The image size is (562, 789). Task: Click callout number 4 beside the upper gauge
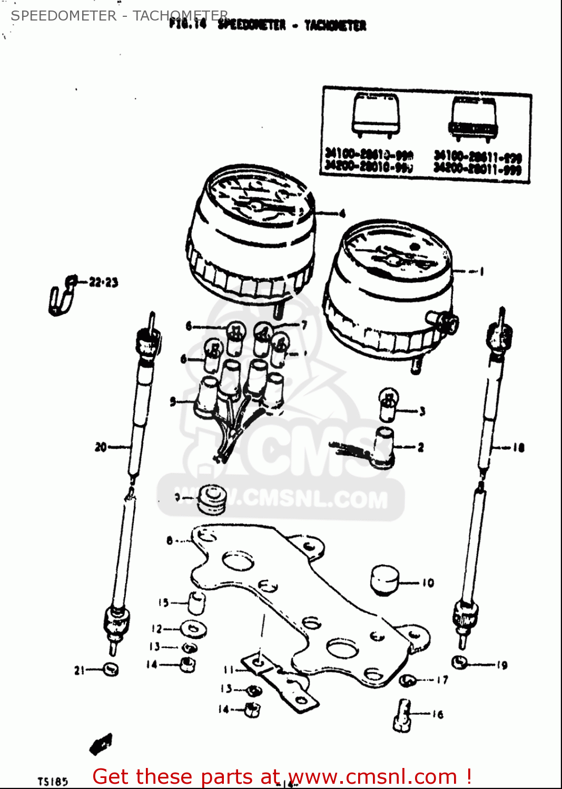click(x=342, y=214)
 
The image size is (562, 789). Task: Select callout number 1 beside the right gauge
click(x=481, y=271)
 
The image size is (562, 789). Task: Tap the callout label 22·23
click(x=103, y=282)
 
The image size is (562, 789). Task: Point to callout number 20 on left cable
click(x=101, y=447)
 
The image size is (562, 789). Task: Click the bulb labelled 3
click(x=389, y=404)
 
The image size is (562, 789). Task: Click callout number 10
click(x=428, y=583)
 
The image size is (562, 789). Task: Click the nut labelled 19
click(x=460, y=662)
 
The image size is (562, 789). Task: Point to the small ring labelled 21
click(x=111, y=669)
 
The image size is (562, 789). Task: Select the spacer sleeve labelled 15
click(x=196, y=602)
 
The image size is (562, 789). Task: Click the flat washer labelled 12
click(x=193, y=629)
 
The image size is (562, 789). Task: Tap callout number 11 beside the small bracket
click(x=228, y=670)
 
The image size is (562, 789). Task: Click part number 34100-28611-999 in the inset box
click(x=477, y=157)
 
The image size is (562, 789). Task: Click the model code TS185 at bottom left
click(x=53, y=782)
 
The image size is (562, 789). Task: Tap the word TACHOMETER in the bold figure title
click(x=335, y=25)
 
